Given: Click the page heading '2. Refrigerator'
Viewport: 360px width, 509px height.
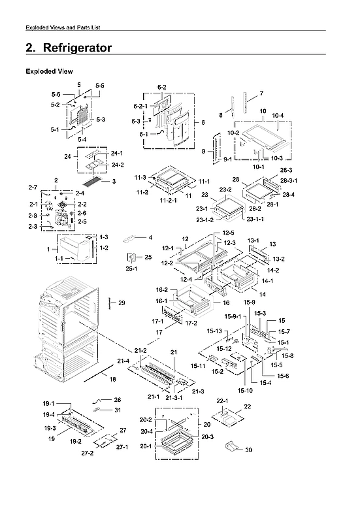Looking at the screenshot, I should [x=68, y=48].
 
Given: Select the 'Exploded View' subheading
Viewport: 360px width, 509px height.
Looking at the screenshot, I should [x=49, y=71].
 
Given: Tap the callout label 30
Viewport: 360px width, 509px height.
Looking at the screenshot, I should [x=249, y=450].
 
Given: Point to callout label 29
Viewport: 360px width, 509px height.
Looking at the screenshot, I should [x=121, y=303].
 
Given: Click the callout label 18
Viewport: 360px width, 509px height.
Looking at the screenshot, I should [x=112, y=379].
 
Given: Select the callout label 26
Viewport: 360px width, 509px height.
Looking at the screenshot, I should [x=117, y=399].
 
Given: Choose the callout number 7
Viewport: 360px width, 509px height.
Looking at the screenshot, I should [x=261, y=93].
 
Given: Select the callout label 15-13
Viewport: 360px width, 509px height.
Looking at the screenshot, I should [x=214, y=331].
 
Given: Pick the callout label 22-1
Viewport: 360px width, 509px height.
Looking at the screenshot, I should [x=221, y=400].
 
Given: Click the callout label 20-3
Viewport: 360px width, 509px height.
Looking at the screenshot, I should [x=207, y=436].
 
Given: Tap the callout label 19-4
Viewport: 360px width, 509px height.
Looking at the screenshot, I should [x=50, y=414].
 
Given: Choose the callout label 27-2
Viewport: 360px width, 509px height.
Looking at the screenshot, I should [x=87, y=453].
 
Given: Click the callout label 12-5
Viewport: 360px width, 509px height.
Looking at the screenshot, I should [x=228, y=233].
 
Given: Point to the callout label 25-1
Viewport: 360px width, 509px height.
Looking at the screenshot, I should [x=133, y=268].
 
